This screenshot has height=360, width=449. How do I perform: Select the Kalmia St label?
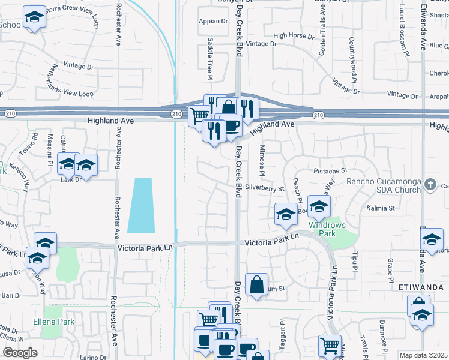click(380, 208)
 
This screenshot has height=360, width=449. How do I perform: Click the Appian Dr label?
click(214, 21)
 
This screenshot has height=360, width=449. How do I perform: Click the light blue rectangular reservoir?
click(141, 206)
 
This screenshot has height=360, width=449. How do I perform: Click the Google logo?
click(20, 353)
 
